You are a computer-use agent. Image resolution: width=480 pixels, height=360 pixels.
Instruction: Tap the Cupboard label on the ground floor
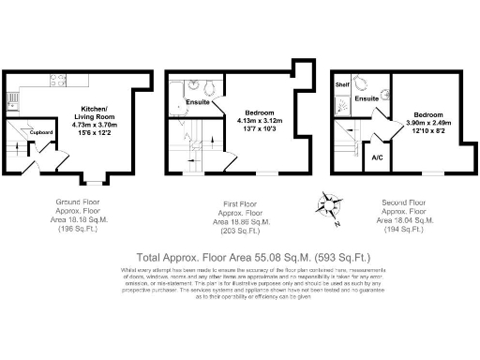(x=40, y=132)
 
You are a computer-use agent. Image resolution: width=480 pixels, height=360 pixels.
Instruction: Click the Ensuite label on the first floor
(x=198, y=101)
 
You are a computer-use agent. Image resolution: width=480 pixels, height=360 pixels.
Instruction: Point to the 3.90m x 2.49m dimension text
(x=427, y=123)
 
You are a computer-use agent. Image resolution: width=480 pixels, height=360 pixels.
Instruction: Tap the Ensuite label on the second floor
(x=367, y=97)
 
